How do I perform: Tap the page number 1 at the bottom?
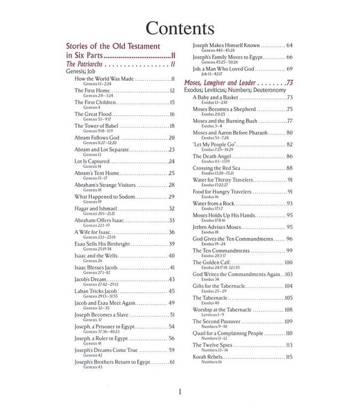(179, 392)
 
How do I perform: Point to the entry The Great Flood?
(94, 114)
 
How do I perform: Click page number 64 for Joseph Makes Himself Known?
(290, 45)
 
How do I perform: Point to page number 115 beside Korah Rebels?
(289, 357)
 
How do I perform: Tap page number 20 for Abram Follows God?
(171, 137)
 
